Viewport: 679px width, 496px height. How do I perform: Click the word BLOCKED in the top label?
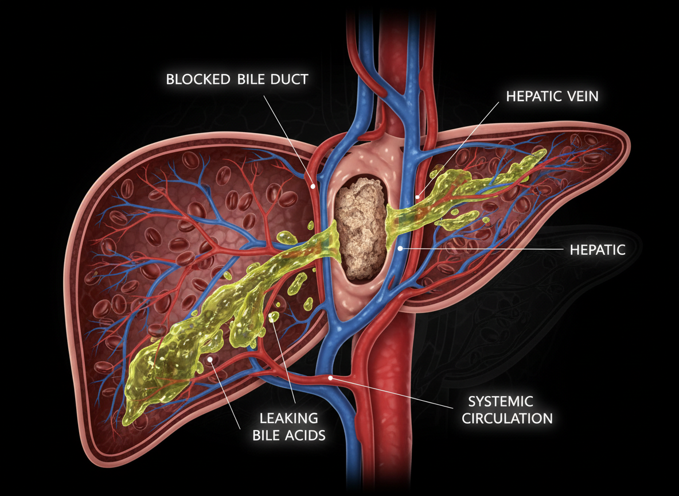click(x=193, y=79)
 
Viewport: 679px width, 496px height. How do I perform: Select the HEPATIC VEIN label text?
click(x=552, y=96)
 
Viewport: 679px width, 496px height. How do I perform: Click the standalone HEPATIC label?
click(x=597, y=250)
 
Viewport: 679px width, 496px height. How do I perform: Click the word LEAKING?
click(x=288, y=418)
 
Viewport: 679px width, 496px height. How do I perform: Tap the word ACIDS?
click(x=307, y=435)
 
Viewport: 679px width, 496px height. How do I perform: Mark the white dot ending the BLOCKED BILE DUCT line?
click(x=313, y=186)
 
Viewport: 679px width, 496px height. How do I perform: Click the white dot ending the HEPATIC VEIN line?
click(x=419, y=196)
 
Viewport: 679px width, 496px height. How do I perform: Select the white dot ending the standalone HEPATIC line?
click(x=399, y=248)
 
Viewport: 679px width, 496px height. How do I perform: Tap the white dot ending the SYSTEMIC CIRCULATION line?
click(x=331, y=378)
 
